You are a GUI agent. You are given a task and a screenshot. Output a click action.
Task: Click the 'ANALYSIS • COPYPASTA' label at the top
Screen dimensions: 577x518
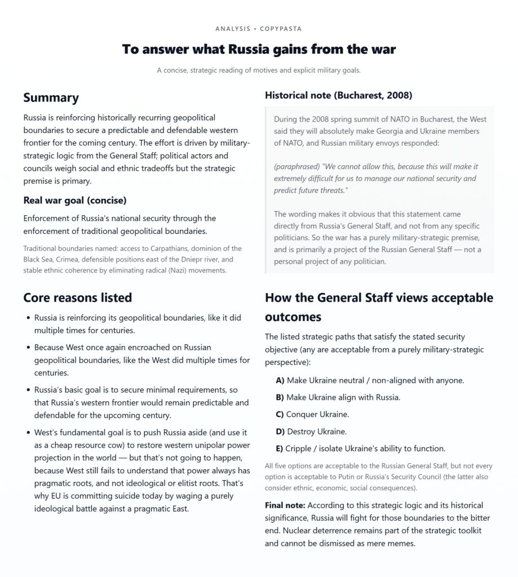point(259,28)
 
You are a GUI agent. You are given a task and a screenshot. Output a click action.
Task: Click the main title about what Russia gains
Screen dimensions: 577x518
point(259,49)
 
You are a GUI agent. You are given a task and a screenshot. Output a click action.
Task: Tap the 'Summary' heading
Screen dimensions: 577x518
point(51,97)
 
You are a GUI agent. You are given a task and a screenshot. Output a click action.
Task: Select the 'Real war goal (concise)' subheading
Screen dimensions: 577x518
point(75,200)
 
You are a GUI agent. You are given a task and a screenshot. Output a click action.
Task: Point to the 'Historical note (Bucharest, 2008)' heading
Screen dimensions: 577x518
point(338,95)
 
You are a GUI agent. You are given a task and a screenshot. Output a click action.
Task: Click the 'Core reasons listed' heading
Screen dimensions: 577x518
point(77,298)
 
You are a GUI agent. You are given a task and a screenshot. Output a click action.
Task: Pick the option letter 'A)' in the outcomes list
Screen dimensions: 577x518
point(280,380)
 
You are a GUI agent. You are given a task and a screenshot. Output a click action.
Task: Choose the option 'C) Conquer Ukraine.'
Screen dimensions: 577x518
point(312,414)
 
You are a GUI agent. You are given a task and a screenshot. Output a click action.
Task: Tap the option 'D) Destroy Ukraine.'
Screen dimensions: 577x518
point(311,432)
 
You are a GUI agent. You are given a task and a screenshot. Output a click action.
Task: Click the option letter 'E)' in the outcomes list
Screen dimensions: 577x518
point(280,449)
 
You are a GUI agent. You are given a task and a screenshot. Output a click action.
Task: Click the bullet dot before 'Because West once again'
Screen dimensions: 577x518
point(28,348)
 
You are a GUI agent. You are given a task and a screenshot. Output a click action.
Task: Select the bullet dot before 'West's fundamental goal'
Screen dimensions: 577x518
point(28,432)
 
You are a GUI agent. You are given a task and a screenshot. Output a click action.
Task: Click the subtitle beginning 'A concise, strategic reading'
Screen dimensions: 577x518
point(259,70)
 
